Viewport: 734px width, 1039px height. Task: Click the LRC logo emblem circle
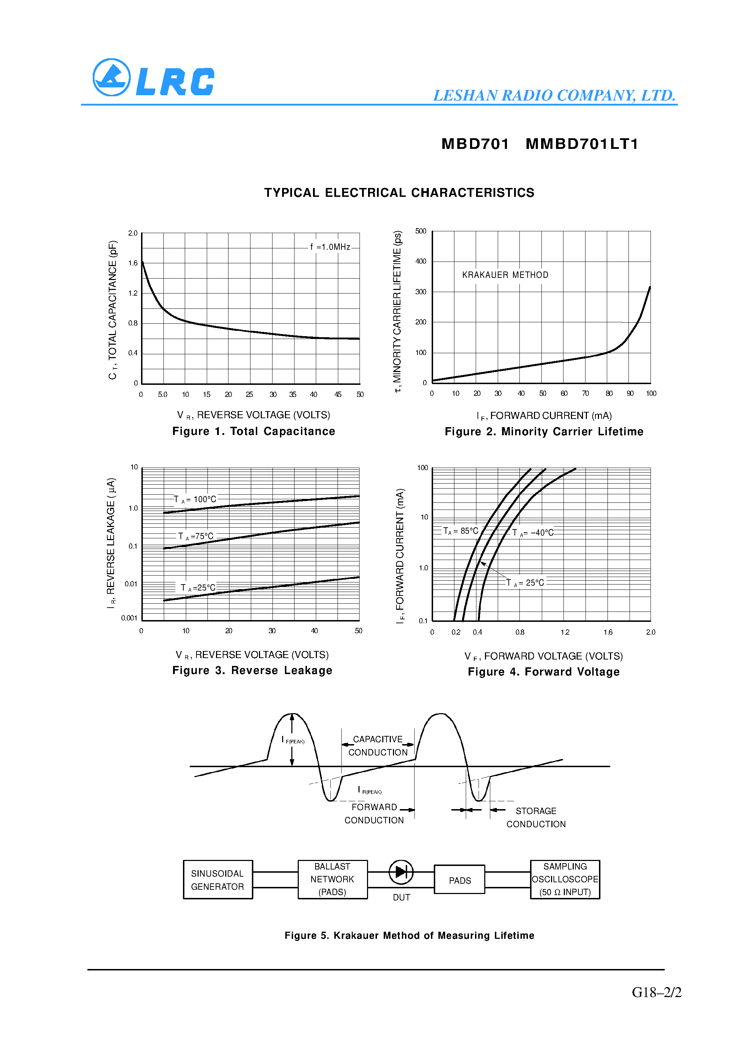point(111,77)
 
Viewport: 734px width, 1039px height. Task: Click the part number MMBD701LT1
point(582,144)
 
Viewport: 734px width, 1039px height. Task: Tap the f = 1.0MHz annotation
point(330,247)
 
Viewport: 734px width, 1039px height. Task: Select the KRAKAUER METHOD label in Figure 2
point(505,275)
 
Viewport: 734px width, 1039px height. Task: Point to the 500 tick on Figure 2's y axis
point(420,231)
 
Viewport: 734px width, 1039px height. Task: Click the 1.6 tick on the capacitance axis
point(133,263)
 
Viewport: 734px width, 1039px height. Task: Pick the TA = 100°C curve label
point(195,499)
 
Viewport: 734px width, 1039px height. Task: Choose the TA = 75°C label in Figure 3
point(195,536)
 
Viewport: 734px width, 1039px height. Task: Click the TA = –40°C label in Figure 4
point(533,533)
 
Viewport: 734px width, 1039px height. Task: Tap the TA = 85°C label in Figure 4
point(460,531)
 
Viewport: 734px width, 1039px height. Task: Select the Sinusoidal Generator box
point(218,880)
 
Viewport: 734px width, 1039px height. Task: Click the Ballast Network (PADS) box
point(333,879)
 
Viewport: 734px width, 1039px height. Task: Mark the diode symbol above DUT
point(401,872)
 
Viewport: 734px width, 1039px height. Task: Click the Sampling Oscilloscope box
point(565,879)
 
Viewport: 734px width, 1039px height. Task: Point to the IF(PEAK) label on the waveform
point(293,740)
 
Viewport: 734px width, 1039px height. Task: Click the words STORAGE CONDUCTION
point(536,818)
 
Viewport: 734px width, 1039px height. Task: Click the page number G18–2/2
point(656,992)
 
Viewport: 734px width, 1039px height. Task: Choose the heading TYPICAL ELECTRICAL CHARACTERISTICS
point(399,193)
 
